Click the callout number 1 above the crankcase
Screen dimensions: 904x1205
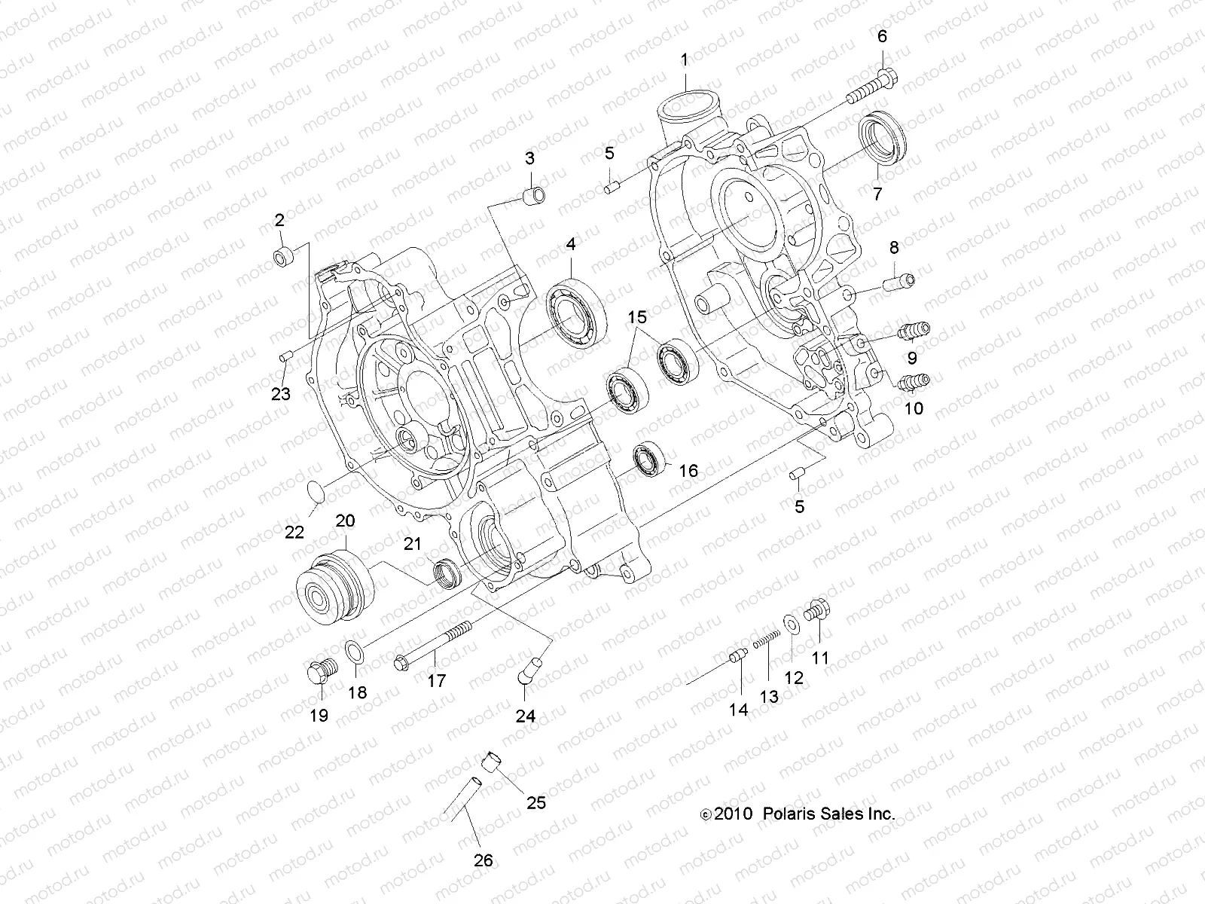pos(685,60)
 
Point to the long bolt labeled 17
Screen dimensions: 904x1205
pos(432,643)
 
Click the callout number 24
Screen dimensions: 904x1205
pos(525,716)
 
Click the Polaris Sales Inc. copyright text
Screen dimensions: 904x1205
pos(798,814)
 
